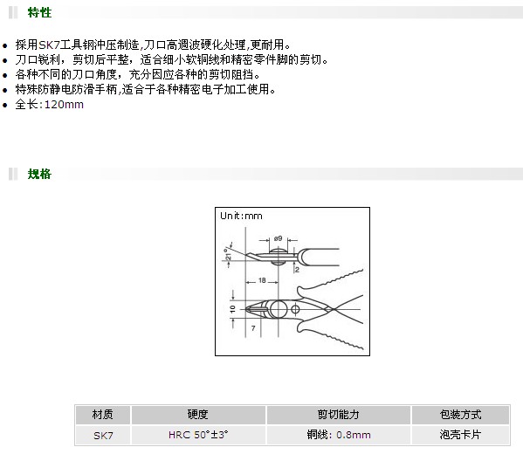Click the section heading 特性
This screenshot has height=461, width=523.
pyautogui.click(x=39, y=13)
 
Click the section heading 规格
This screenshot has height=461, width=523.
pyautogui.click(x=39, y=174)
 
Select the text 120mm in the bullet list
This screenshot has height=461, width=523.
pyautogui.click(x=64, y=105)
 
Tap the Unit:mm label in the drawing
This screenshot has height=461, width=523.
pyautogui.click(x=241, y=216)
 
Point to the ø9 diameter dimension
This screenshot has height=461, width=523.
pyautogui.click(x=278, y=238)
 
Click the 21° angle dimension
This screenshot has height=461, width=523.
pyautogui.click(x=228, y=254)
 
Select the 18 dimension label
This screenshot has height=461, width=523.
pyautogui.click(x=262, y=280)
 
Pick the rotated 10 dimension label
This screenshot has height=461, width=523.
pyautogui.click(x=232, y=309)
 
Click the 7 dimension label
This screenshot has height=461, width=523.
pyautogui.click(x=253, y=328)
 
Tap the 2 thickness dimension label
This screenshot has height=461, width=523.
pyautogui.click(x=297, y=270)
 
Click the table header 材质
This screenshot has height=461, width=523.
pyautogui.click(x=103, y=415)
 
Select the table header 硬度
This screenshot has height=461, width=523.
pyautogui.click(x=198, y=415)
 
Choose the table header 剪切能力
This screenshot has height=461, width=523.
pyautogui.click(x=338, y=415)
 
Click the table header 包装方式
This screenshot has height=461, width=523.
pyautogui.click(x=460, y=415)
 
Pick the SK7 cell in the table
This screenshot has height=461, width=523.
pyautogui.click(x=103, y=436)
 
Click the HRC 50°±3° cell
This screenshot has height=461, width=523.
pyautogui.click(x=198, y=435)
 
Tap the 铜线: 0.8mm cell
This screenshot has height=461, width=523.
pyautogui.click(x=339, y=435)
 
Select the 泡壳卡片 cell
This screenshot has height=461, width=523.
pyautogui.click(x=460, y=435)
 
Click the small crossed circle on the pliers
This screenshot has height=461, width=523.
pyautogui.click(x=295, y=309)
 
